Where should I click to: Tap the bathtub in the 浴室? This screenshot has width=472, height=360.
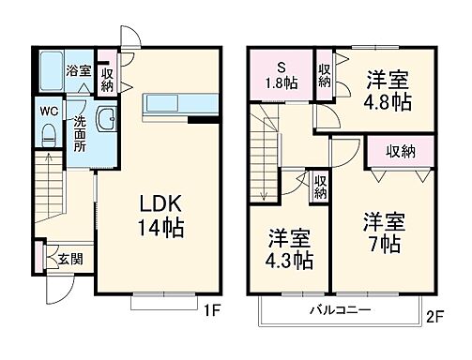[x=49, y=70]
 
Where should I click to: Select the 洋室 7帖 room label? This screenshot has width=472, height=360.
[x=384, y=231]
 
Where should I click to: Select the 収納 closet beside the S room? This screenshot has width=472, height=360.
[x=325, y=74]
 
